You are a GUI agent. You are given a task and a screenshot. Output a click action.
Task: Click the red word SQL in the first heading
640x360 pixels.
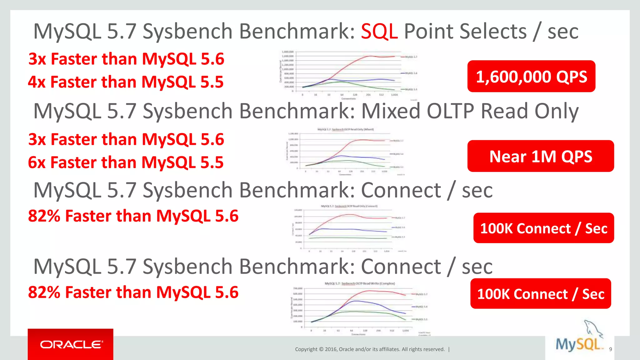(x=379, y=32)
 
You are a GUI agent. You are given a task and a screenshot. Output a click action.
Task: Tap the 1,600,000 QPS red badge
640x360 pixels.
(x=531, y=77)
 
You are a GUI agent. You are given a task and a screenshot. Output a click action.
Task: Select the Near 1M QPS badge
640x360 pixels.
(x=541, y=156)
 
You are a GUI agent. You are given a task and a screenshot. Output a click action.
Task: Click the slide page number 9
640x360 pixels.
(x=610, y=349)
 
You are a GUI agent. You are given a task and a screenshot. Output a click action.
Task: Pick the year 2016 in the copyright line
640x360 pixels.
(x=331, y=349)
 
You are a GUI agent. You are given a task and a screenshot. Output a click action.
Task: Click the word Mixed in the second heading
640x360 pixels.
(x=391, y=111)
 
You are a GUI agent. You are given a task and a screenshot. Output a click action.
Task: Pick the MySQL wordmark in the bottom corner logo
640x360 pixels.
(x=578, y=345)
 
